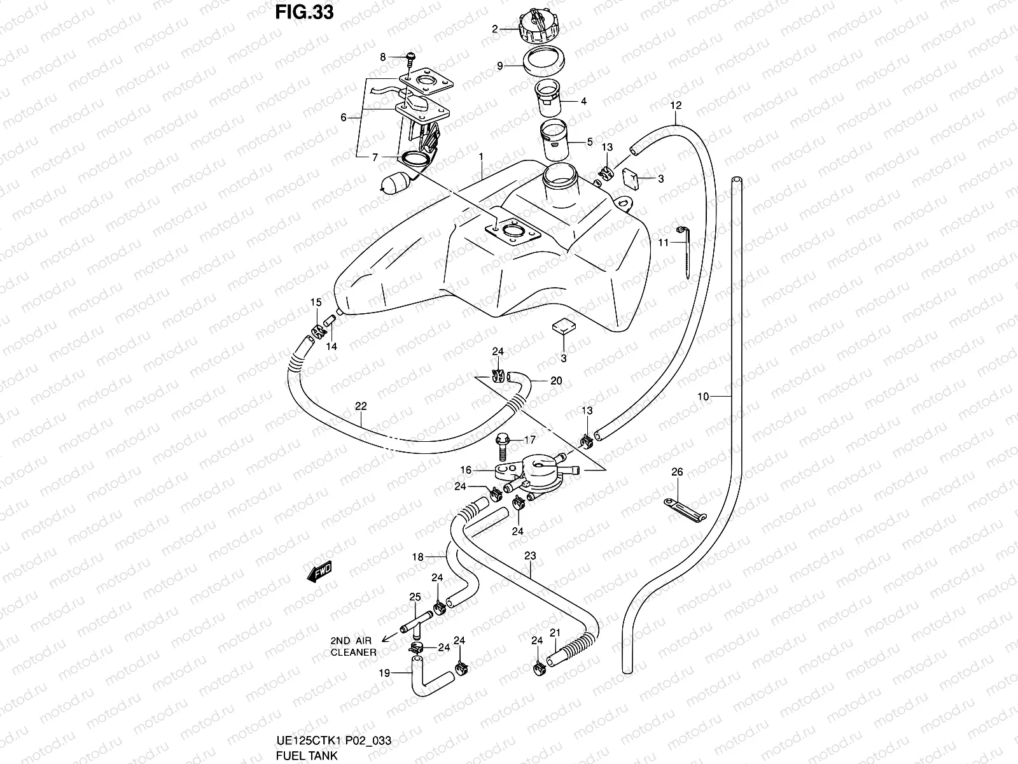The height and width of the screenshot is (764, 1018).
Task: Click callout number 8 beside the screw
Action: (x=383, y=57)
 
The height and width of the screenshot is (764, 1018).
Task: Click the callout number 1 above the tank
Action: (x=482, y=156)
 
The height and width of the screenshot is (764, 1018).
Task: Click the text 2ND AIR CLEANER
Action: (x=353, y=646)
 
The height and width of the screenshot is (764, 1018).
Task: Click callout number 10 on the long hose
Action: (x=703, y=397)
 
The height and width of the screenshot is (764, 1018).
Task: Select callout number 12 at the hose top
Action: (x=676, y=104)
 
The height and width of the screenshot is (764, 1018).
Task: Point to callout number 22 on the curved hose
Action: (x=361, y=406)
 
